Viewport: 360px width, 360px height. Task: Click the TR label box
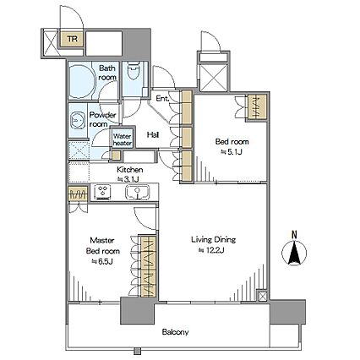tap(73, 38)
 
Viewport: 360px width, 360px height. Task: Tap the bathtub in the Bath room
tap(81, 81)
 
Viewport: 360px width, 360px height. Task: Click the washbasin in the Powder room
tap(77, 120)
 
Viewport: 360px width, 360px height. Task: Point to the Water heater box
tap(123, 139)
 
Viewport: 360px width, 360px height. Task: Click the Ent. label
tap(162, 99)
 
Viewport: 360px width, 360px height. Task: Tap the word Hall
tap(153, 135)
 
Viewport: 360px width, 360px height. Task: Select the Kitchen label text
tap(130, 170)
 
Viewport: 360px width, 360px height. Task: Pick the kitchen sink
tap(137, 192)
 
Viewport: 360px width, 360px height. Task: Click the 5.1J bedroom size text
tap(232, 152)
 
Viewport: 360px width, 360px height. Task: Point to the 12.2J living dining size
tap(211, 250)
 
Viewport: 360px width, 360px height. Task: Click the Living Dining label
tap(214, 240)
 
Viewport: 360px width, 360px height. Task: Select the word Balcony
tap(175, 332)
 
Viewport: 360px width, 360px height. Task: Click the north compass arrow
tap(294, 253)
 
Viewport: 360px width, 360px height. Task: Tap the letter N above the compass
tap(294, 234)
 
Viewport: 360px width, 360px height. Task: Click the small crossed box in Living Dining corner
tap(262, 296)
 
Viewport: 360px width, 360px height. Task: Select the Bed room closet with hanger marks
tap(257, 106)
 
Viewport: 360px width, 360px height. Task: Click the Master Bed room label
tap(103, 246)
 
